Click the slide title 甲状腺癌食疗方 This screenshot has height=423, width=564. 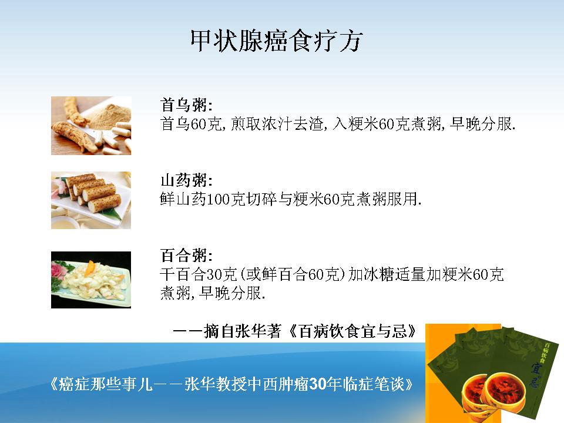276,41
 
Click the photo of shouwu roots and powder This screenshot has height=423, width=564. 91,126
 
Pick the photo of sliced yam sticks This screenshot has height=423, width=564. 91,200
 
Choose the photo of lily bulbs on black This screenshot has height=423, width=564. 91,280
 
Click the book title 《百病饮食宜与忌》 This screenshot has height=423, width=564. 352,331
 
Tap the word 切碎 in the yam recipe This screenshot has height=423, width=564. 262,199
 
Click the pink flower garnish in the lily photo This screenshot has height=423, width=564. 58,270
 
